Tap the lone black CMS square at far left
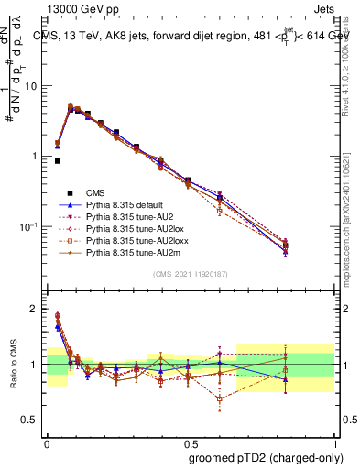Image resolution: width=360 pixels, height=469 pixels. [x=58, y=161]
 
